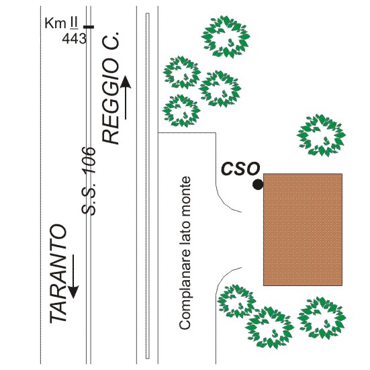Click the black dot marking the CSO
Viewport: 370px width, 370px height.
[x=258, y=185]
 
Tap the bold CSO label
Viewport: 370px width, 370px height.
[x=240, y=169]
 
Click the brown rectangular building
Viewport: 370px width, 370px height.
[x=303, y=230]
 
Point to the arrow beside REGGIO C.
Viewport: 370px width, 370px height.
[x=126, y=97]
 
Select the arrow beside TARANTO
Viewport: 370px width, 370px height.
[x=73, y=276]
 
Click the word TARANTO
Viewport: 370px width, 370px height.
[x=58, y=273]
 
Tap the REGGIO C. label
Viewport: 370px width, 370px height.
[x=110, y=88]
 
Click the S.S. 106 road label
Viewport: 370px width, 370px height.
[x=88, y=181]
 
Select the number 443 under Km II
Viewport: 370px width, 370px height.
[x=74, y=38]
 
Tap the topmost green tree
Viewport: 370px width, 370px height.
[x=226, y=36]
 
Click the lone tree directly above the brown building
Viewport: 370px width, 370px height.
[x=321, y=135]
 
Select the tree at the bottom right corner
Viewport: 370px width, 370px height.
[x=322, y=318]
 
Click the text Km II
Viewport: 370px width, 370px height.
[x=61, y=23]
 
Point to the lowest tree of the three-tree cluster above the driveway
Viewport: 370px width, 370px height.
[x=181, y=111]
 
